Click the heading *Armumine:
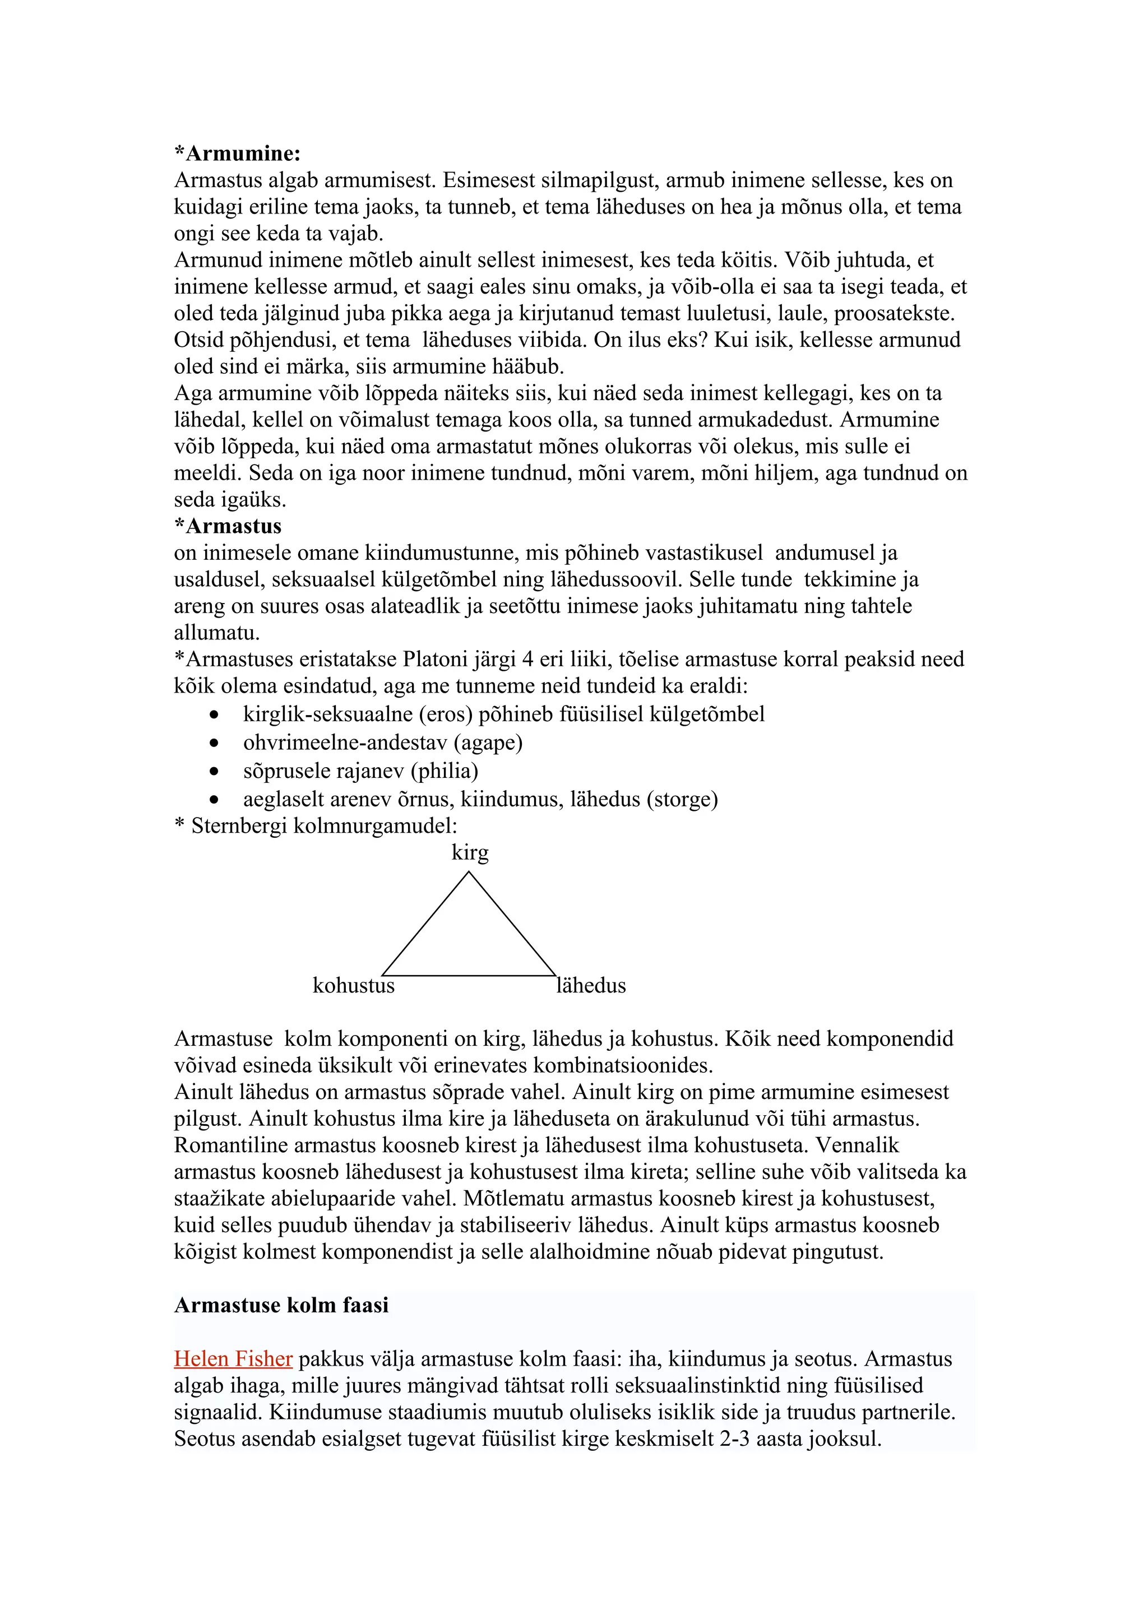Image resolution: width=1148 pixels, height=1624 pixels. (238, 154)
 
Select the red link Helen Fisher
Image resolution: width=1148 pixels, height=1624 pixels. (233, 1359)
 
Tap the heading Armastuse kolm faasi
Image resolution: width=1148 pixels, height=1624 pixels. (281, 1305)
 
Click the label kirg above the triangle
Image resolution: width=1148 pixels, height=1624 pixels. (470, 852)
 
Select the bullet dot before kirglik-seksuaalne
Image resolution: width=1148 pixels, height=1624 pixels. (214, 715)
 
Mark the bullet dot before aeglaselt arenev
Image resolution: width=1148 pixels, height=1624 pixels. (214, 800)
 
